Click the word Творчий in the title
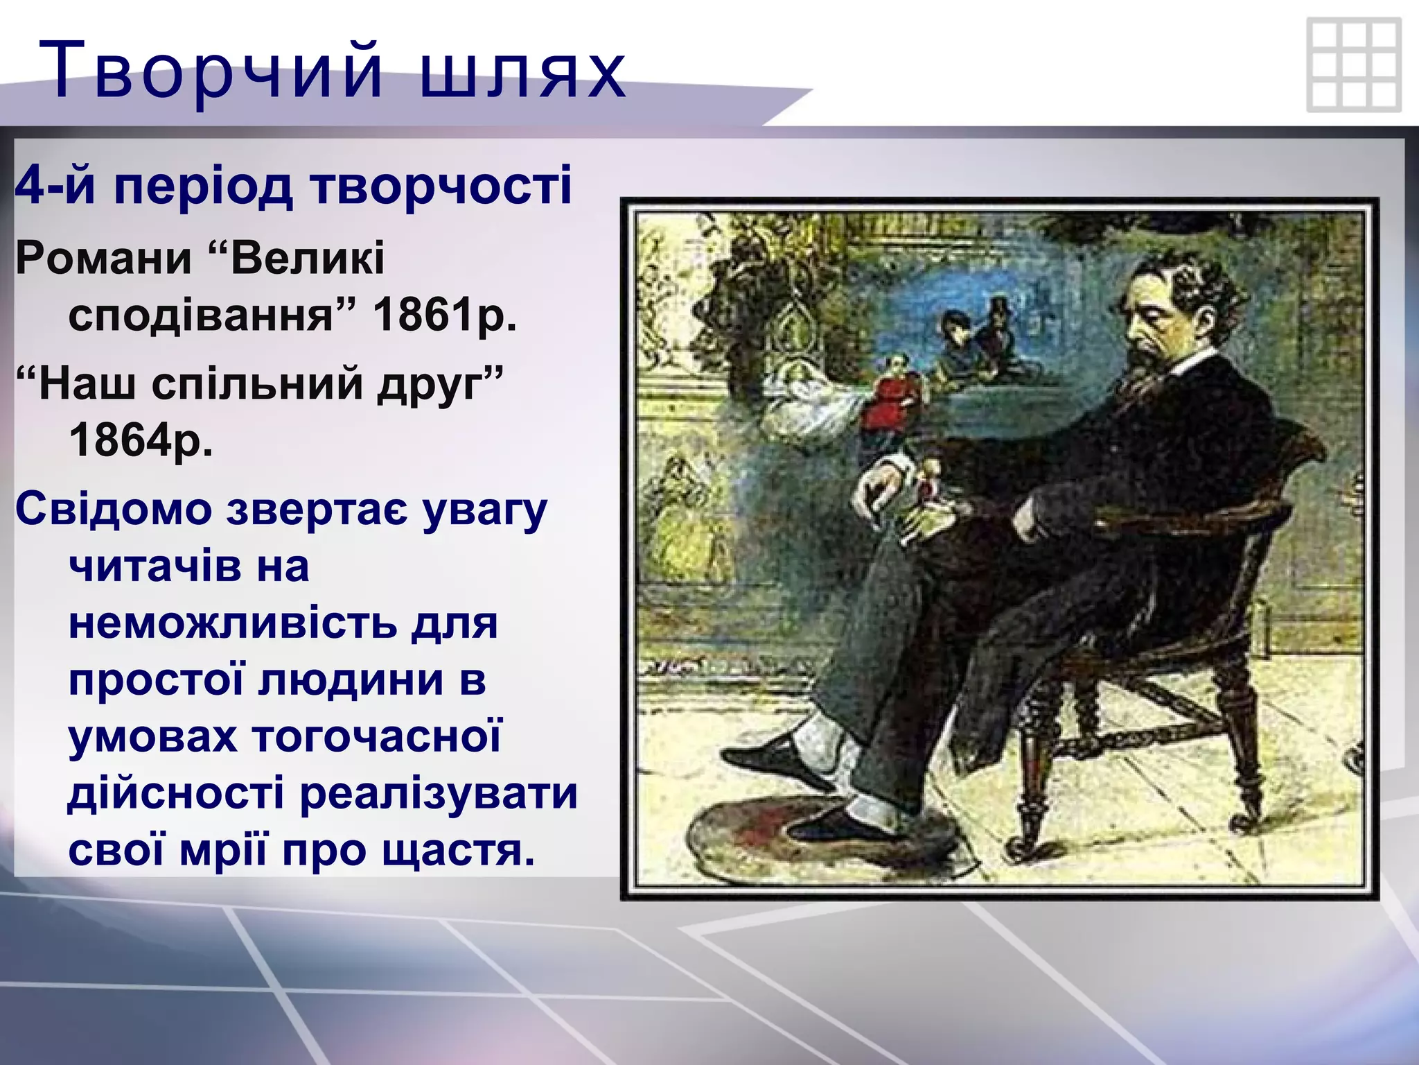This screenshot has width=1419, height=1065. click(x=211, y=71)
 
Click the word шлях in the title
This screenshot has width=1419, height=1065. click(x=523, y=71)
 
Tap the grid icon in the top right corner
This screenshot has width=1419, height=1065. click(x=1353, y=66)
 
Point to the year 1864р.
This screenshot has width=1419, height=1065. click(x=141, y=440)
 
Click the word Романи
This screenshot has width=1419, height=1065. click(x=104, y=259)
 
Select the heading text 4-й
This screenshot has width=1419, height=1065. click(x=55, y=186)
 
